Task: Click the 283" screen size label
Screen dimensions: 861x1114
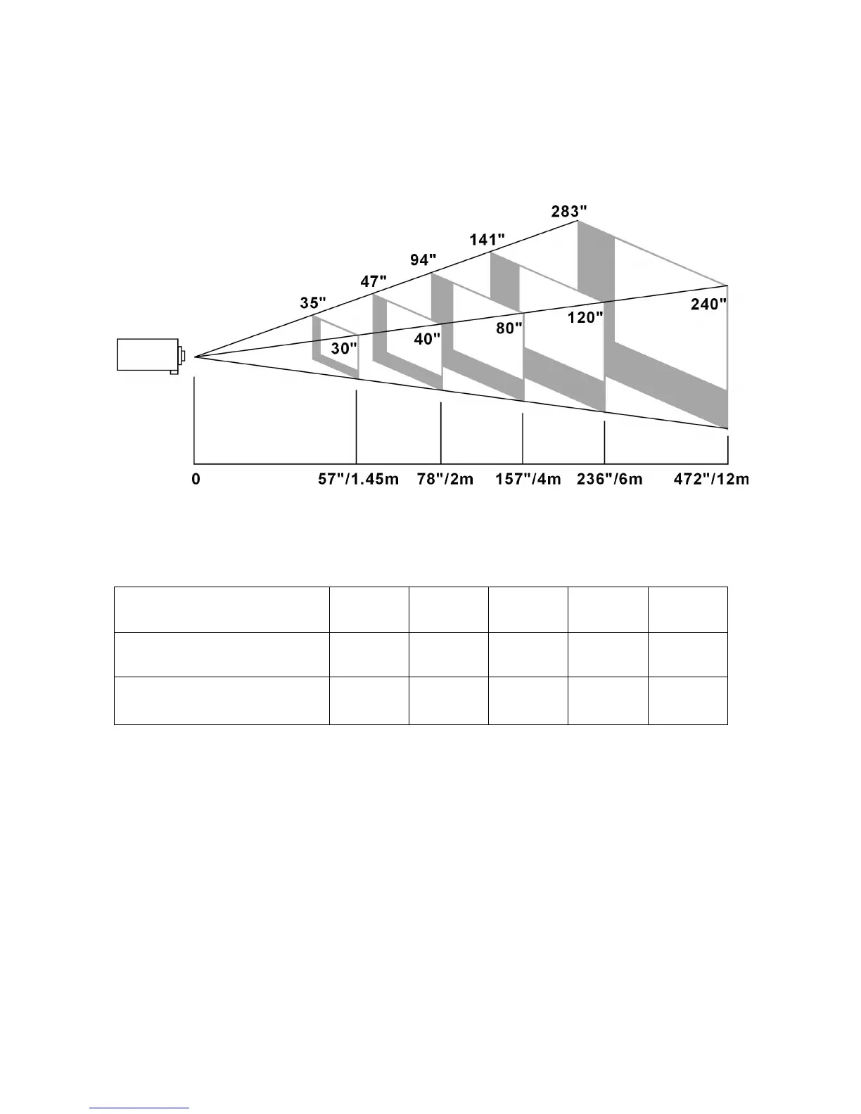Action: [x=569, y=211]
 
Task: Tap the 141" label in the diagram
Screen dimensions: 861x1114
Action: [x=487, y=240]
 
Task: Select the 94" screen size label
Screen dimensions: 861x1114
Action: [x=423, y=260]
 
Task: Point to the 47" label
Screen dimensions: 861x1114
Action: [x=374, y=282]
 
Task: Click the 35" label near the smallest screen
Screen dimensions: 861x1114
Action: [x=313, y=303]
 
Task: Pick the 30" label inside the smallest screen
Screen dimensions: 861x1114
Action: [x=344, y=349]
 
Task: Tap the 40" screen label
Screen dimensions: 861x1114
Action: [x=427, y=339]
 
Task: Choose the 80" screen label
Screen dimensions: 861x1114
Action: [x=509, y=328]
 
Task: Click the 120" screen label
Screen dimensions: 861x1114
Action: [x=585, y=317]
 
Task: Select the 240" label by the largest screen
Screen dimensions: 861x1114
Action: [x=708, y=304]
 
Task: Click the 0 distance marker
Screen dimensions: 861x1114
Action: [x=196, y=480]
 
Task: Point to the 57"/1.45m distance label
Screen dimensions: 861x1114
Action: [x=359, y=480]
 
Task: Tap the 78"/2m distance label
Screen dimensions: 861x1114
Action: [x=445, y=480]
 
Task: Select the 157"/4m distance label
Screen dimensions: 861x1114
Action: [x=528, y=480]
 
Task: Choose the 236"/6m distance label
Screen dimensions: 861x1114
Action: [x=610, y=480]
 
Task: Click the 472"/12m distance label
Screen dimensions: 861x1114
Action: [x=711, y=480]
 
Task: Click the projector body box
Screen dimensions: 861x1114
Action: [x=147, y=354]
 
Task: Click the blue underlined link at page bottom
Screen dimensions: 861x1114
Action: [x=140, y=1108]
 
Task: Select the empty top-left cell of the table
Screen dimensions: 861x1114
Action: [x=222, y=609]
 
